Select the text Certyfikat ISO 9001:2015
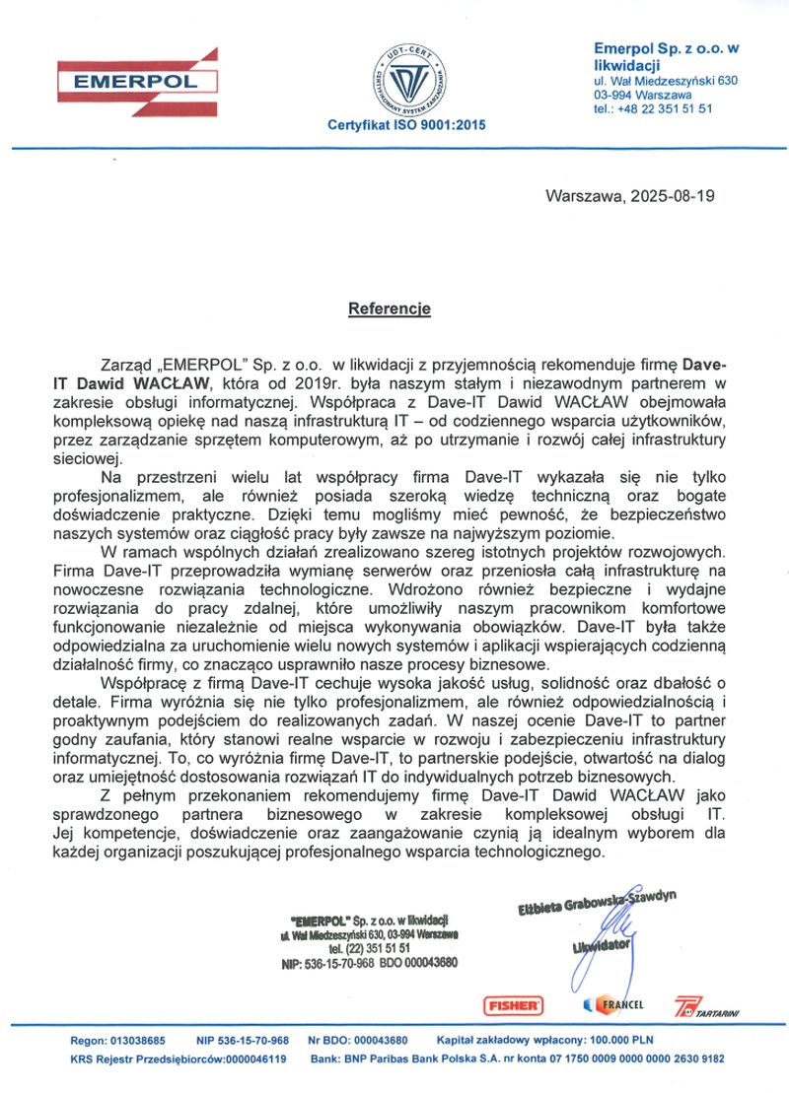tap(406, 126)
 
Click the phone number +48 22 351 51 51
tap(666, 109)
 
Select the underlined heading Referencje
tap(390, 308)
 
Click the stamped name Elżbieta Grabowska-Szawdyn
tap(598, 903)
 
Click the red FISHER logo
tap(513, 1005)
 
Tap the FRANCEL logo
tap(614, 1004)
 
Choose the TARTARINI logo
tap(706, 1007)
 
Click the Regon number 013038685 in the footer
tap(138, 1041)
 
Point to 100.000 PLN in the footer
tap(615, 1041)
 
